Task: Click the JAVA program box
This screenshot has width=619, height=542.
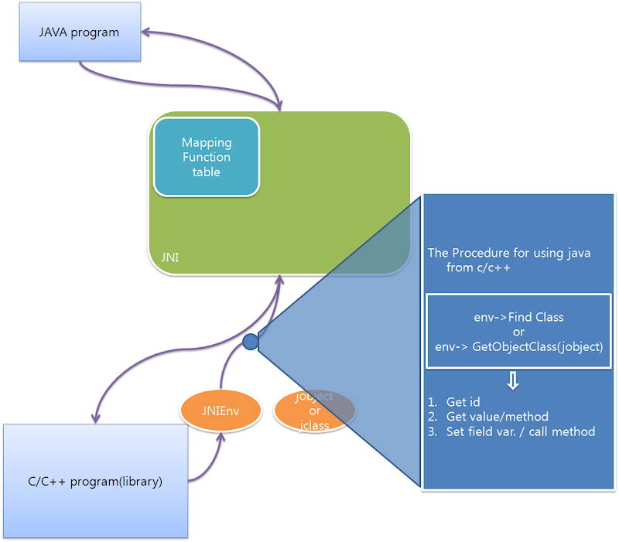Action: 80,33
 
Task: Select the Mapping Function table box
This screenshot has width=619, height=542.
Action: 207,157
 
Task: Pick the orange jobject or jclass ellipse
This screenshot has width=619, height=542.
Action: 314,410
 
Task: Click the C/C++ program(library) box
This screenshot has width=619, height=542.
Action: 95,481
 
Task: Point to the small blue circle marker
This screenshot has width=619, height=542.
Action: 250,342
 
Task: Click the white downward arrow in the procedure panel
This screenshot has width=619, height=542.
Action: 513,381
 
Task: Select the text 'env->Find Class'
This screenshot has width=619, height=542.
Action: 518,317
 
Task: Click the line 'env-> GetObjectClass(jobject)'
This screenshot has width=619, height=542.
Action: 518,346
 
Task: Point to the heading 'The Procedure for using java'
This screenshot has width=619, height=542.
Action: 509,253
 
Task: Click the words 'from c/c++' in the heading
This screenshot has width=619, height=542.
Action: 477,268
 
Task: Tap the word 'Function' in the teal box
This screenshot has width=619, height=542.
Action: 207,157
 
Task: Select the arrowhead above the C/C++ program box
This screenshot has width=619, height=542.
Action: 95,417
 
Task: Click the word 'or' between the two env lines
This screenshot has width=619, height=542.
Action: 518,332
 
